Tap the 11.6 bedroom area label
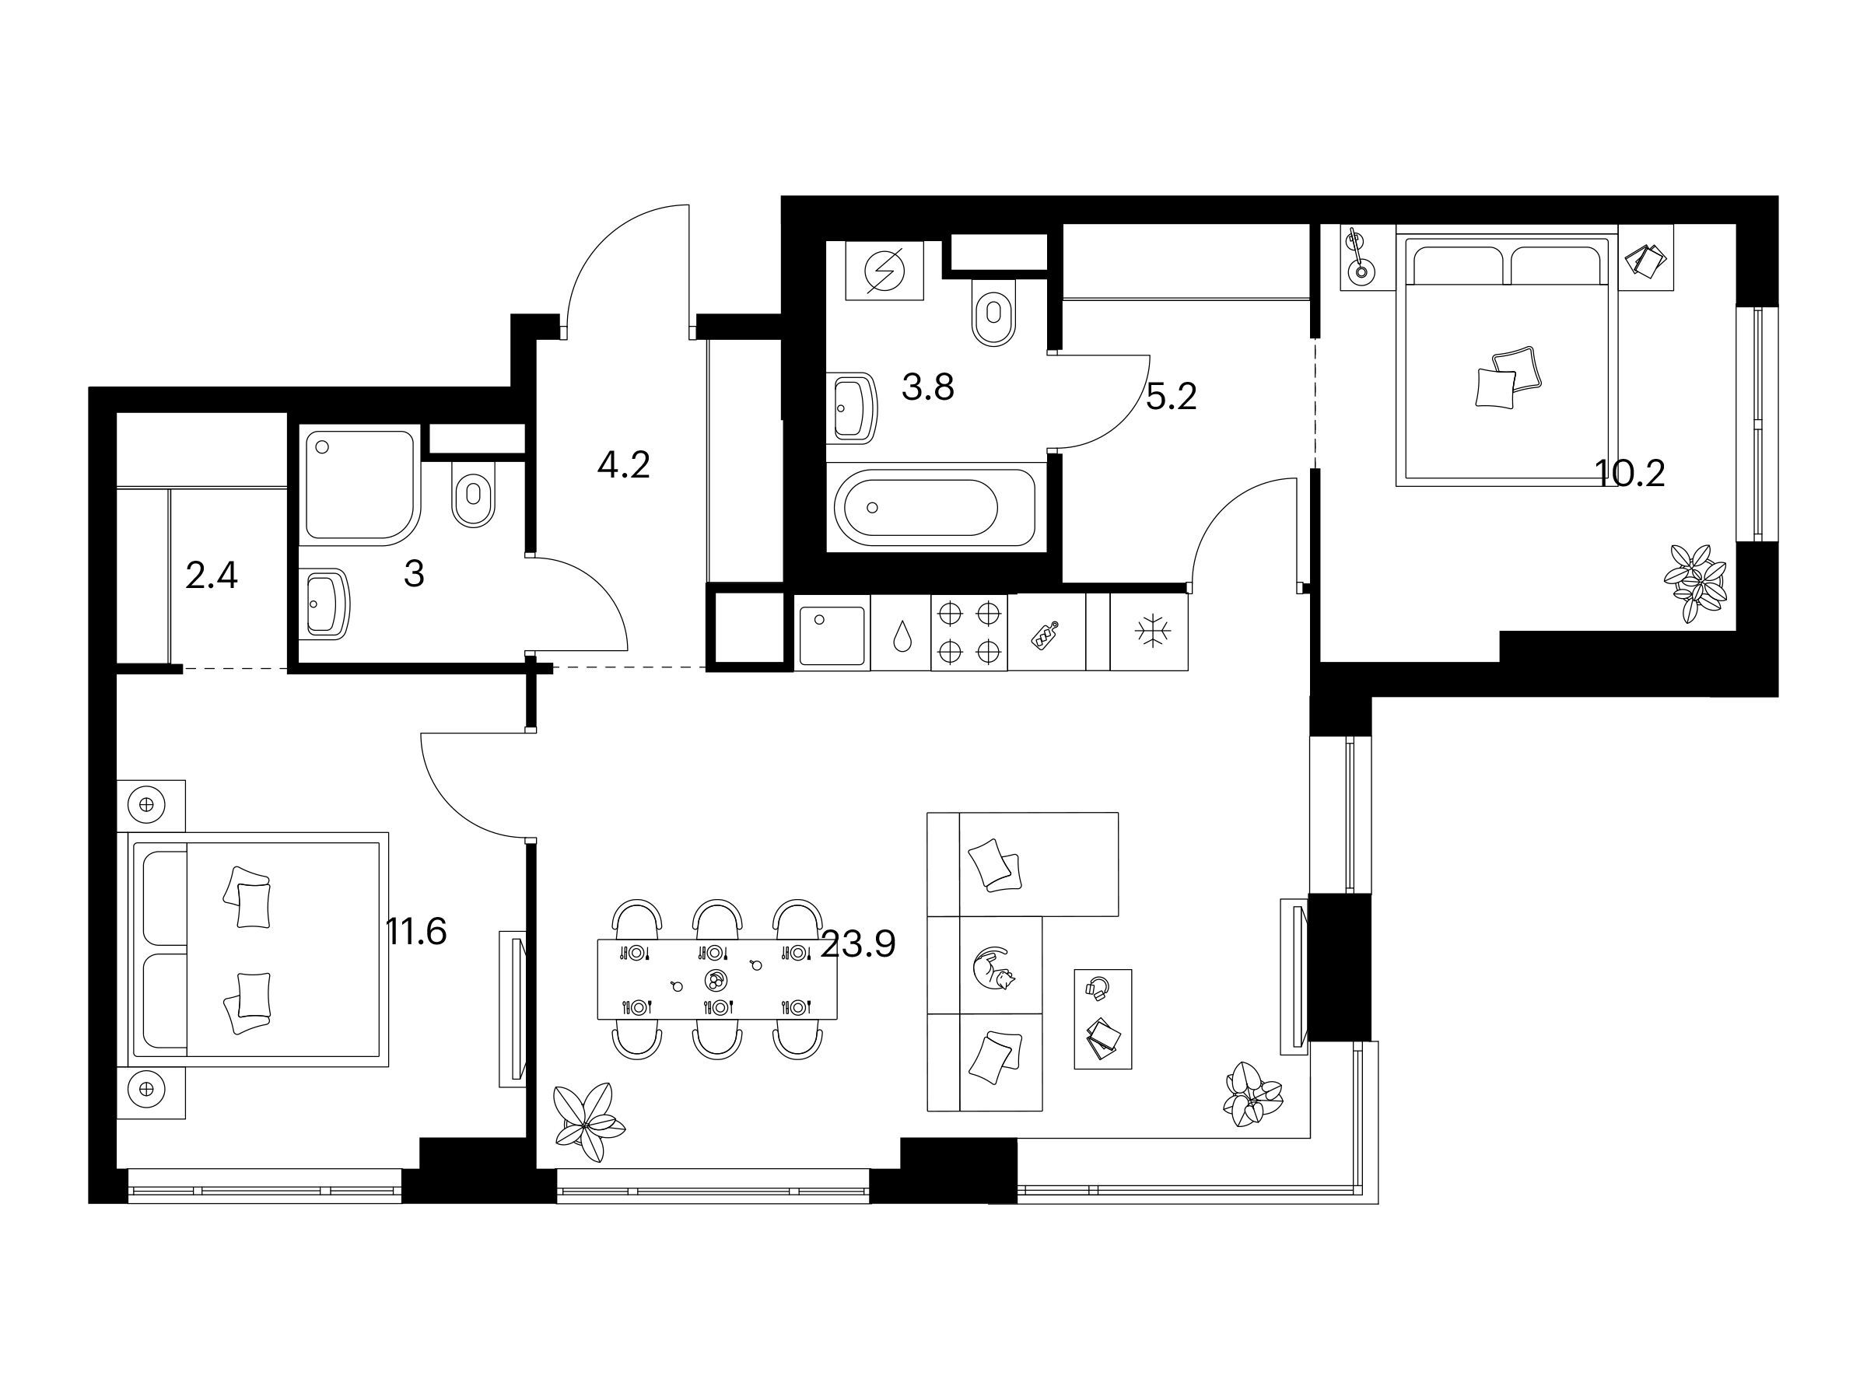(416, 932)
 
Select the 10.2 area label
(1630, 474)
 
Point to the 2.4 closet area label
(211, 576)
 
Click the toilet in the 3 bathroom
(475, 495)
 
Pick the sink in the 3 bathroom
(324, 603)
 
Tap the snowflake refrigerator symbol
(1149, 633)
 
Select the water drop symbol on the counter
(902, 635)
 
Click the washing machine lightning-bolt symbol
(885, 271)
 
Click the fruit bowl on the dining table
(715, 980)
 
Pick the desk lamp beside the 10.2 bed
(1357, 257)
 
